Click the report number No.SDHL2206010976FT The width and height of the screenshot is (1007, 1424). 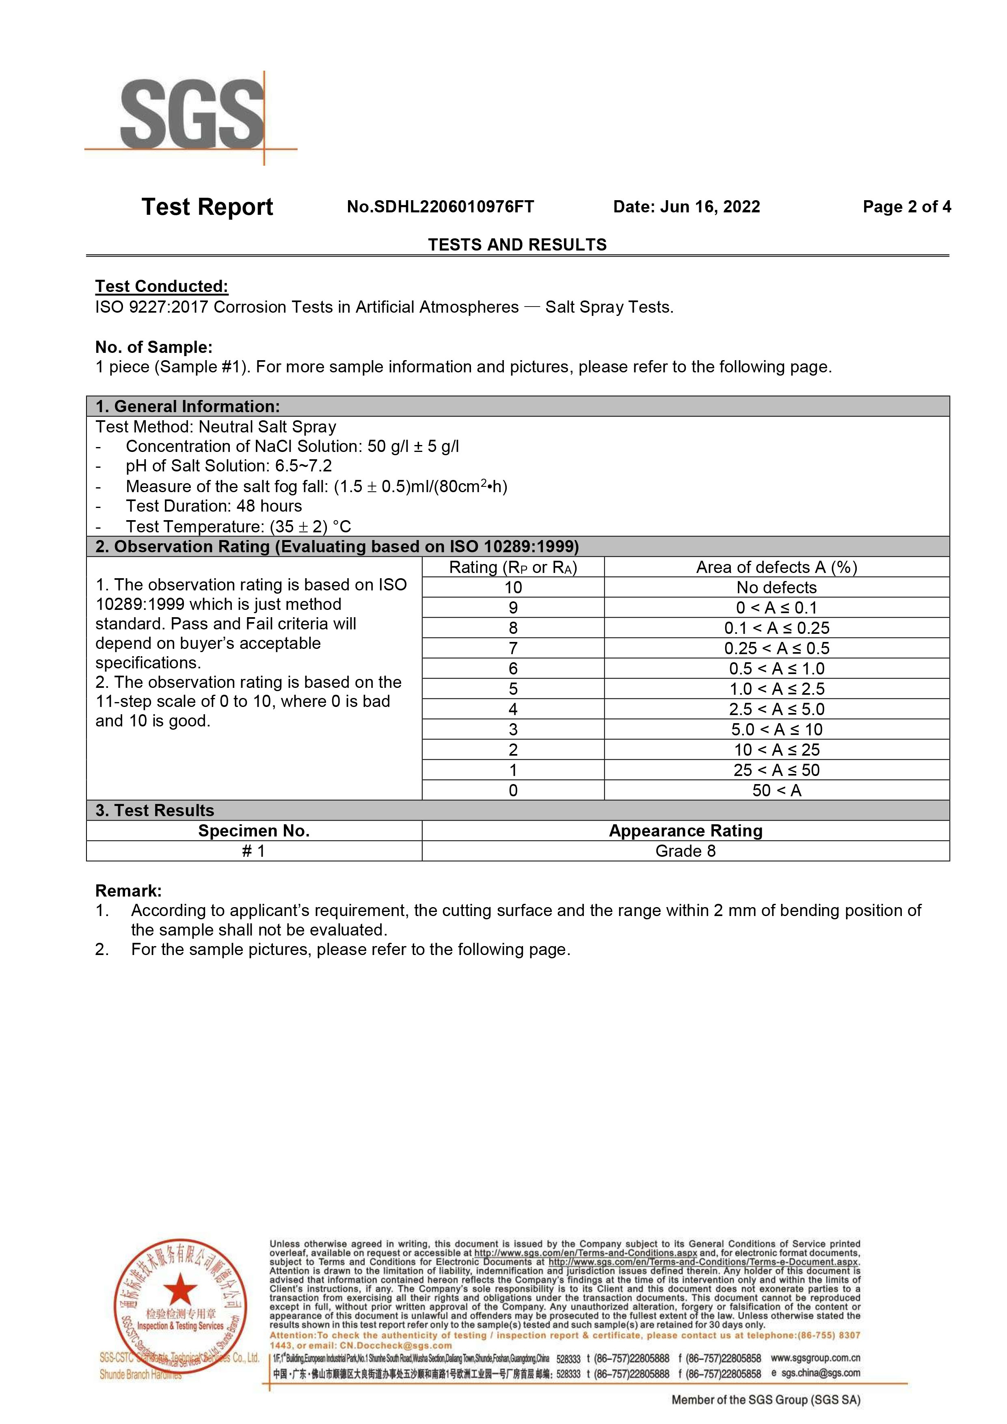pyautogui.click(x=440, y=207)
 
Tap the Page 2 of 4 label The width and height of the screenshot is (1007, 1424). pyautogui.click(x=907, y=207)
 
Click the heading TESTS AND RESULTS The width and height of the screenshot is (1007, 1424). pyautogui.click(x=517, y=245)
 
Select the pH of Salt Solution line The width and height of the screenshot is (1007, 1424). pyautogui.click(x=228, y=466)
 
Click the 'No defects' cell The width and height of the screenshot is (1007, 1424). pyautogui.click(x=776, y=587)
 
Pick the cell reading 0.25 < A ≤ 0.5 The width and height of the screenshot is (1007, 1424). pyautogui.click(x=776, y=648)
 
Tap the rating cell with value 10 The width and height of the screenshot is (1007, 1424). pyautogui.click(x=513, y=587)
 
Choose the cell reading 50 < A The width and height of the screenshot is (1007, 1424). pyautogui.click(x=776, y=790)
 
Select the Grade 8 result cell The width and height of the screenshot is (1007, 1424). pyautogui.click(x=685, y=851)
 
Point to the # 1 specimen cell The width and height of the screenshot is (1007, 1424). pyautogui.click(x=254, y=851)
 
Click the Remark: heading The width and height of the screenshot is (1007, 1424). pyautogui.click(x=128, y=891)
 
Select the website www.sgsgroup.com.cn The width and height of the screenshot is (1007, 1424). pyautogui.click(x=815, y=1358)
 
